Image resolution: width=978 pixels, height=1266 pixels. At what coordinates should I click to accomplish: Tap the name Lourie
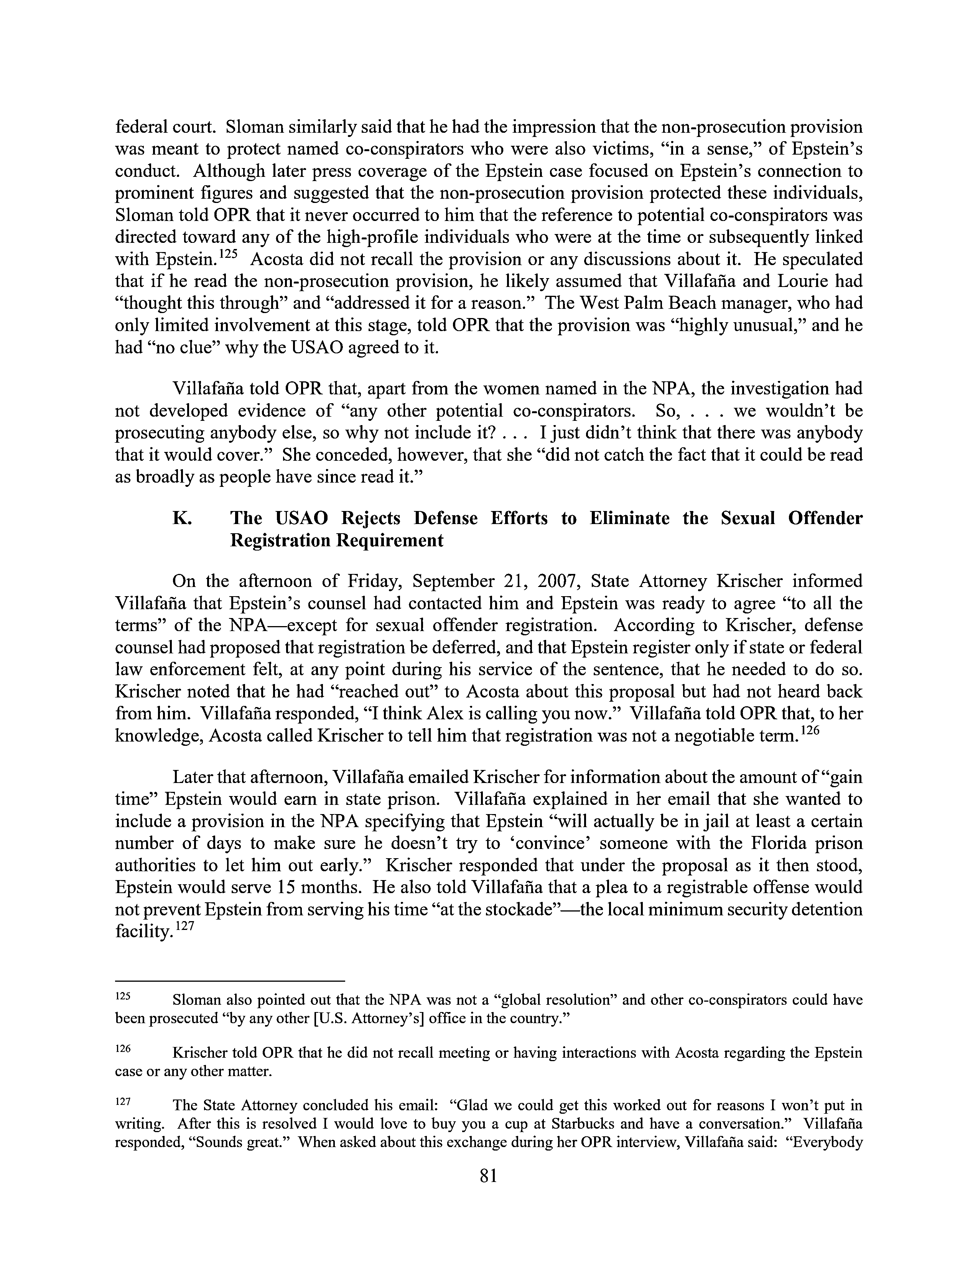(x=788, y=281)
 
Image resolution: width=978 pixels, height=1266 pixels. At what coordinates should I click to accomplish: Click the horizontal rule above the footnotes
(x=230, y=981)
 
